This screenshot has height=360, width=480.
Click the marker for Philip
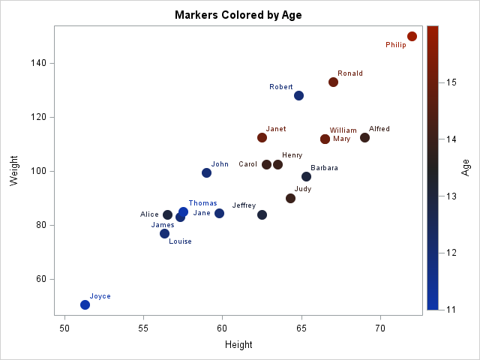click(412, 36)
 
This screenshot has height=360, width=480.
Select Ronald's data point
click(333, 82)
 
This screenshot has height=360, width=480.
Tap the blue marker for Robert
click(298, 95)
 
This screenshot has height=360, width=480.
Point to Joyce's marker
click(85, 304)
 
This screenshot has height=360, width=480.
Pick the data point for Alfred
click(364, 137)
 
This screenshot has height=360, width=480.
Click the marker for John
click(206, 172)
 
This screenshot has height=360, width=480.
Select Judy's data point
click(290, 198)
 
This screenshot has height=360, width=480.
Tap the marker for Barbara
click(306, 176)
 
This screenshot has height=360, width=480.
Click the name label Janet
click(276, 129)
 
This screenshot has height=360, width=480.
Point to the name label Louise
click(180, 241)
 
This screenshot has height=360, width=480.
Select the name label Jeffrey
click(244, 205)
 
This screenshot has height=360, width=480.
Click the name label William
click(343, 130)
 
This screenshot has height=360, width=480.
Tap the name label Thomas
click(202, 203)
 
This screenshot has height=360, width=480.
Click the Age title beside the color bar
click(465, 166)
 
